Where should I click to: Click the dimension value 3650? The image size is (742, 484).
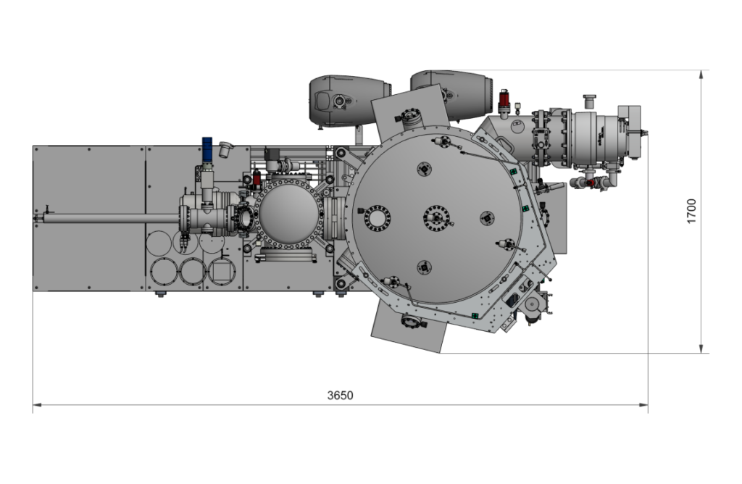341,395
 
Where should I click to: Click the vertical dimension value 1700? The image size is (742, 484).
691,212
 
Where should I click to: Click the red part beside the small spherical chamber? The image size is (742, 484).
257,179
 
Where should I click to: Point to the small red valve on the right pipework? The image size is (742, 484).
590,183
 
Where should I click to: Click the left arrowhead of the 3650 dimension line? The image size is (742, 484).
37,405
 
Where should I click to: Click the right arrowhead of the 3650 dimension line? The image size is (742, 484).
643,405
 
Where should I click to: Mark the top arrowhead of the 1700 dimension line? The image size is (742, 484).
701,75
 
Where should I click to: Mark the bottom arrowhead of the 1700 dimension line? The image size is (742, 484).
701,349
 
